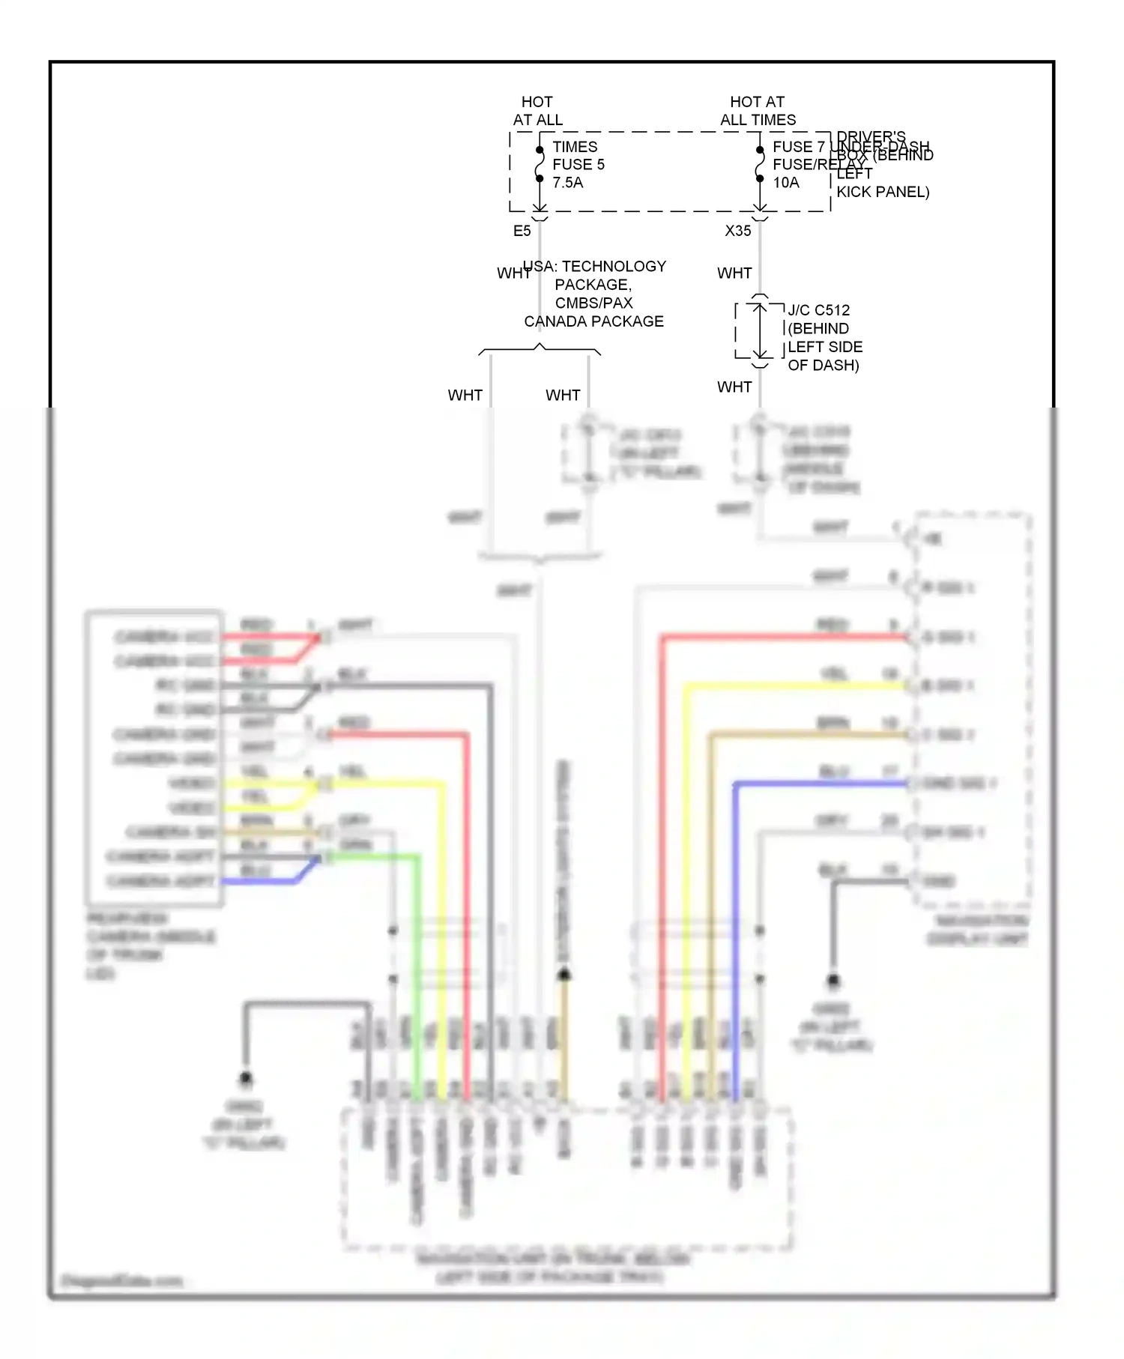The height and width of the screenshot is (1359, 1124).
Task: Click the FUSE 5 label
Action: [x=578, y=164]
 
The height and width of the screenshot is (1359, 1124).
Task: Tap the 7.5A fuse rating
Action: [x=567, y=182]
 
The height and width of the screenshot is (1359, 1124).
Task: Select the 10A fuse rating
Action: [x=785, y=182]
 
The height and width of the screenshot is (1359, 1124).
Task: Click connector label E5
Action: [x=522, y=231]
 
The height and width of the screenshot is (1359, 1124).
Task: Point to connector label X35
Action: [x=737, y=231]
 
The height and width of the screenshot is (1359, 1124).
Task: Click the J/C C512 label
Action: [x=818, y=310]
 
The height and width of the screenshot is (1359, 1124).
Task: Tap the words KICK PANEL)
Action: [x=882, y=192]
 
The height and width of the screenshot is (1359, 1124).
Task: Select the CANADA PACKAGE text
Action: [x=593, y=321]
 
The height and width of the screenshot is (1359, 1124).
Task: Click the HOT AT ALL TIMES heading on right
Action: [x=758, y=111]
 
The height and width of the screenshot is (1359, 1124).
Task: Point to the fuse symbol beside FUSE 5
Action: [x=540, y=164]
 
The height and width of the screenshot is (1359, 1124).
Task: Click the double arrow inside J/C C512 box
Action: [x=760, y=330]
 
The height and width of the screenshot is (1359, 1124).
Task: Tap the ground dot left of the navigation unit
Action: [x=246, y=1078]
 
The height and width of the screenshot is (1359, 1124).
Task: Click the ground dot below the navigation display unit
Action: [x=833, y=980]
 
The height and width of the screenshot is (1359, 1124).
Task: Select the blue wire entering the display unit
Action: [x=824, y=784]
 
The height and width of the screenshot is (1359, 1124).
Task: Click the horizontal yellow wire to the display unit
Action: [x=794, y=686]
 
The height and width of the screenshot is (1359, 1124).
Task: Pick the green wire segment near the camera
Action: [x=375, y=856]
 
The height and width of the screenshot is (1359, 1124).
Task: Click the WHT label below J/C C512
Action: [x=734, y=387]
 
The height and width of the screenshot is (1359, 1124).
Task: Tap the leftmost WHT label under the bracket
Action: [x=465, y=395]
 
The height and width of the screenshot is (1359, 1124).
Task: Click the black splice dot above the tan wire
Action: [x=564, y=974]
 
